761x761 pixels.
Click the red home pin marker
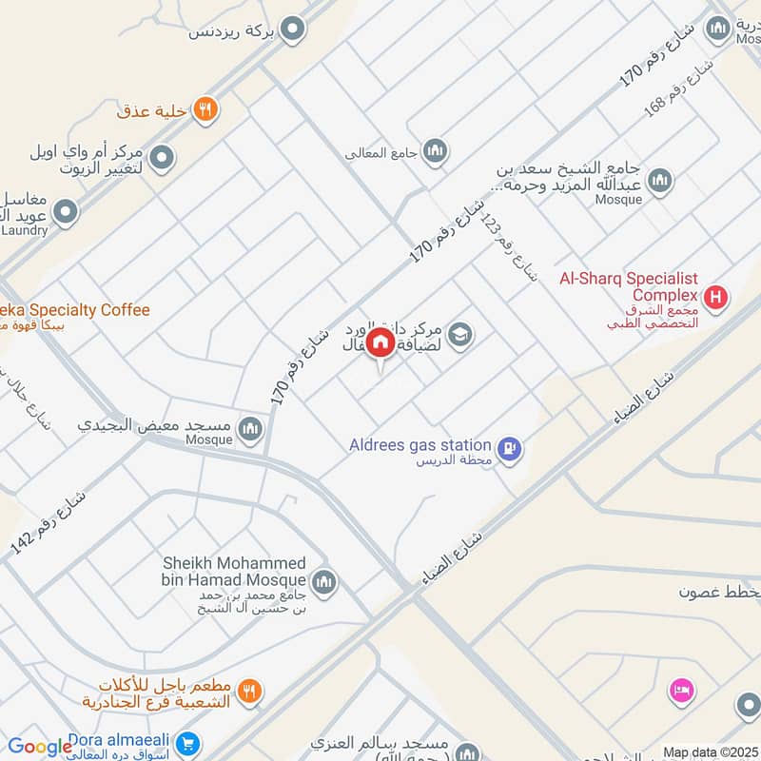pyautogui.click(x=380, y=343)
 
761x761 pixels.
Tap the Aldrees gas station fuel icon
pyautogui.click(x=510, y=447)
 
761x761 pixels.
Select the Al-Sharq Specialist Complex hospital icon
pyautogui.click(x=717, y=299)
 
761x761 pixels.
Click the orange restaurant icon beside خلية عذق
pyautogui.click(x=205, y=110)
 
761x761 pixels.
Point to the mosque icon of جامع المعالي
pyautogui.click(x=435, y=150)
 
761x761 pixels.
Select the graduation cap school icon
pyautogui.click(x=460, y=335)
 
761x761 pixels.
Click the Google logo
pyautogui.click(x=40, y=747)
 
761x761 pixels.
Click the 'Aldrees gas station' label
pyautogui.click(x=432, y=445)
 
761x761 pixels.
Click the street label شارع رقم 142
pyautogui.click(x=48, y=523)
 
